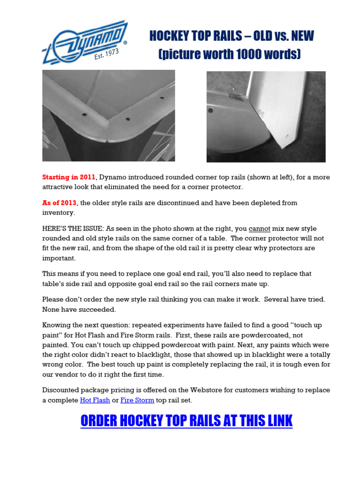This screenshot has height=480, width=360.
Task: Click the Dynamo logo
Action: tap(84, 42)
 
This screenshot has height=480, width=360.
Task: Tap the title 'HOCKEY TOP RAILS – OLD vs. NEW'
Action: tap(232, 36)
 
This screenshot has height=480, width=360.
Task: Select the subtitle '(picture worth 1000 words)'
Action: tap(229, 54)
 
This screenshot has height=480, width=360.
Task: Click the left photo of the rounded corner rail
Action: tap(108, 115)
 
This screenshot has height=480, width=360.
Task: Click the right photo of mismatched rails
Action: tap(266, 117)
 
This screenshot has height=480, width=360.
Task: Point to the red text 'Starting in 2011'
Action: tap(69, 177)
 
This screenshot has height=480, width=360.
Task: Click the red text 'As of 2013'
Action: tap(60, 203)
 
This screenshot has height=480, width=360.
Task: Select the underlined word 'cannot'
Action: tap(259, 229)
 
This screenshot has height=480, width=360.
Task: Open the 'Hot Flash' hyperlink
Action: tap(95, 400)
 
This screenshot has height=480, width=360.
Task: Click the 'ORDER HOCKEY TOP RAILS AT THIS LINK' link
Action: tap(187, 421)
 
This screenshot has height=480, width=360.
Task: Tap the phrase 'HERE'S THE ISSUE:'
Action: tap(73, 229)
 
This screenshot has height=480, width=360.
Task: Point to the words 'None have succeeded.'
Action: tap(79, 309)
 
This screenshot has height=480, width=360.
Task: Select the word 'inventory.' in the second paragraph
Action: tap(59, 212)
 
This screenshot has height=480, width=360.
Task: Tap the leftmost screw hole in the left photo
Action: tap(84, 114)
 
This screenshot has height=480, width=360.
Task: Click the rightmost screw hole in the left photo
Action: tap(162, 98)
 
